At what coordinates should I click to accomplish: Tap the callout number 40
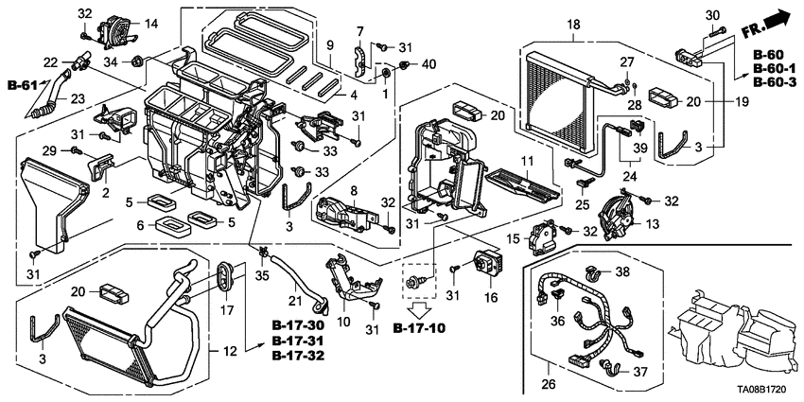429,64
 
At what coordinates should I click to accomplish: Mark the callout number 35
261,275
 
